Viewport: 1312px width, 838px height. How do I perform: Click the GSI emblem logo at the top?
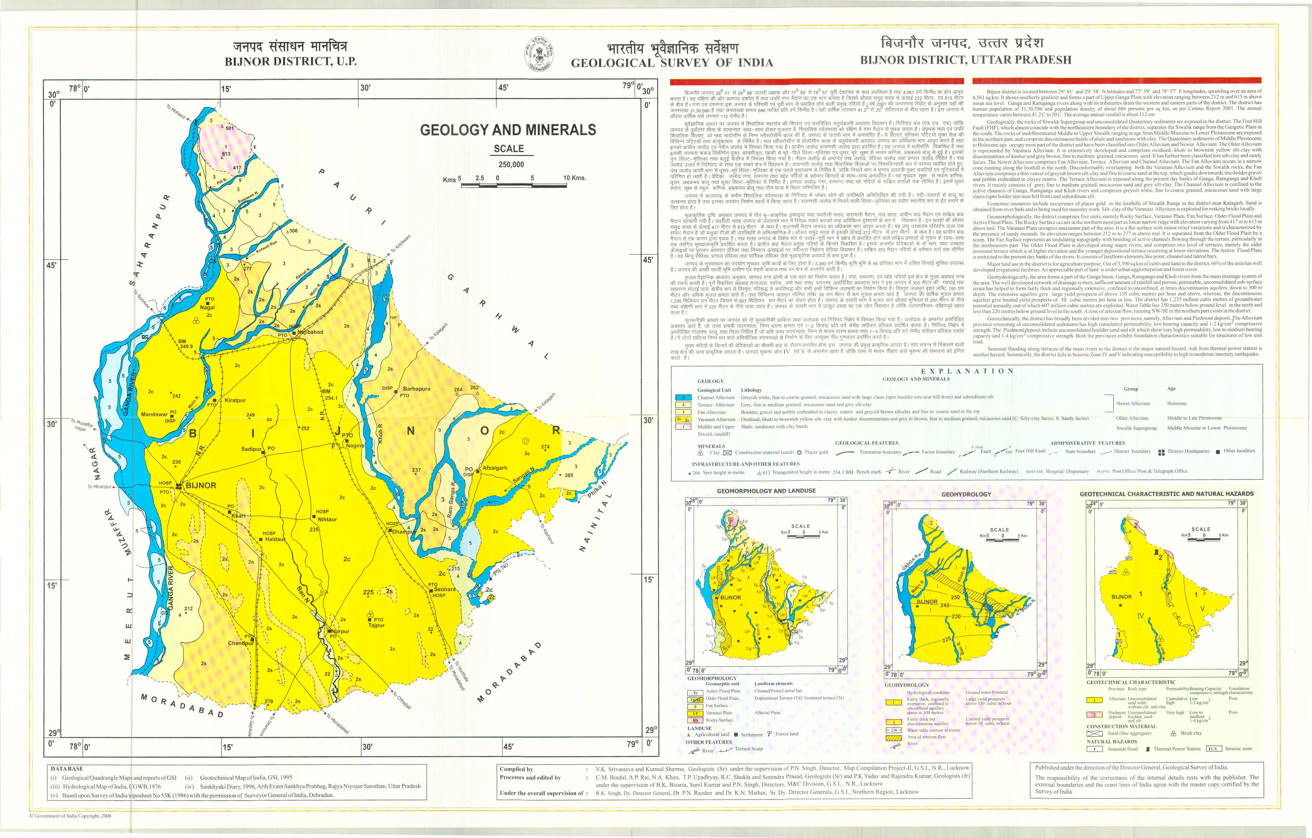tap(539, 54)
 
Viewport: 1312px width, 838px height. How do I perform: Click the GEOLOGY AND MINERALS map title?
tap(508, 130)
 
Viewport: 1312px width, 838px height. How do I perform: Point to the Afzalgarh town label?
tap(495, 468)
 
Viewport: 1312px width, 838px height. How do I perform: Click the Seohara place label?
tap(445, 589)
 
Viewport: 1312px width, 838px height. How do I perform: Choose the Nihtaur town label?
tap(327, 519)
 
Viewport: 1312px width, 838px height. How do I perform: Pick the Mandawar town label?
tap(154, 414)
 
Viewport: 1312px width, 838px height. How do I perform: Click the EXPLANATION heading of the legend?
tap(967, 371)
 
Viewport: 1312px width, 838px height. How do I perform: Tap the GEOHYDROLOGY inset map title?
tap(966, 494)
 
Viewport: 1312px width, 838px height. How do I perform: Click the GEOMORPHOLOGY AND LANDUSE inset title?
tap(766, 491)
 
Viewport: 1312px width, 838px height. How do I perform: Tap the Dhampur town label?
tap(404, 531)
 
